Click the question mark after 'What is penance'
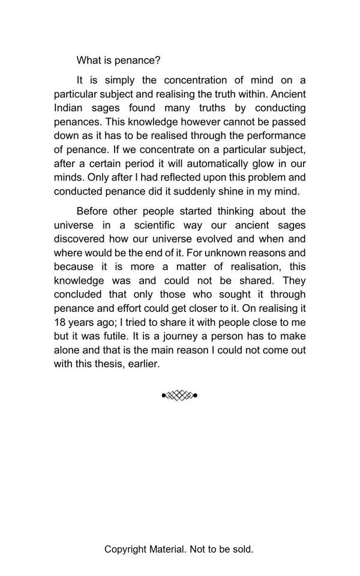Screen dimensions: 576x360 pyautogui.click(x=158, y=61)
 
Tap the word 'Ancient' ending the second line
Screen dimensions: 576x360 pyautogui.click(x=289, y=94)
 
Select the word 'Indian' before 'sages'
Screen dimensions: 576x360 pyautogui.click(x=68, y=108)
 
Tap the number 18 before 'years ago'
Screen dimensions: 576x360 pyautogui.click(x=60, y=322)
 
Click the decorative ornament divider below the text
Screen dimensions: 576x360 pyautogui.click(x=179, y=395)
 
